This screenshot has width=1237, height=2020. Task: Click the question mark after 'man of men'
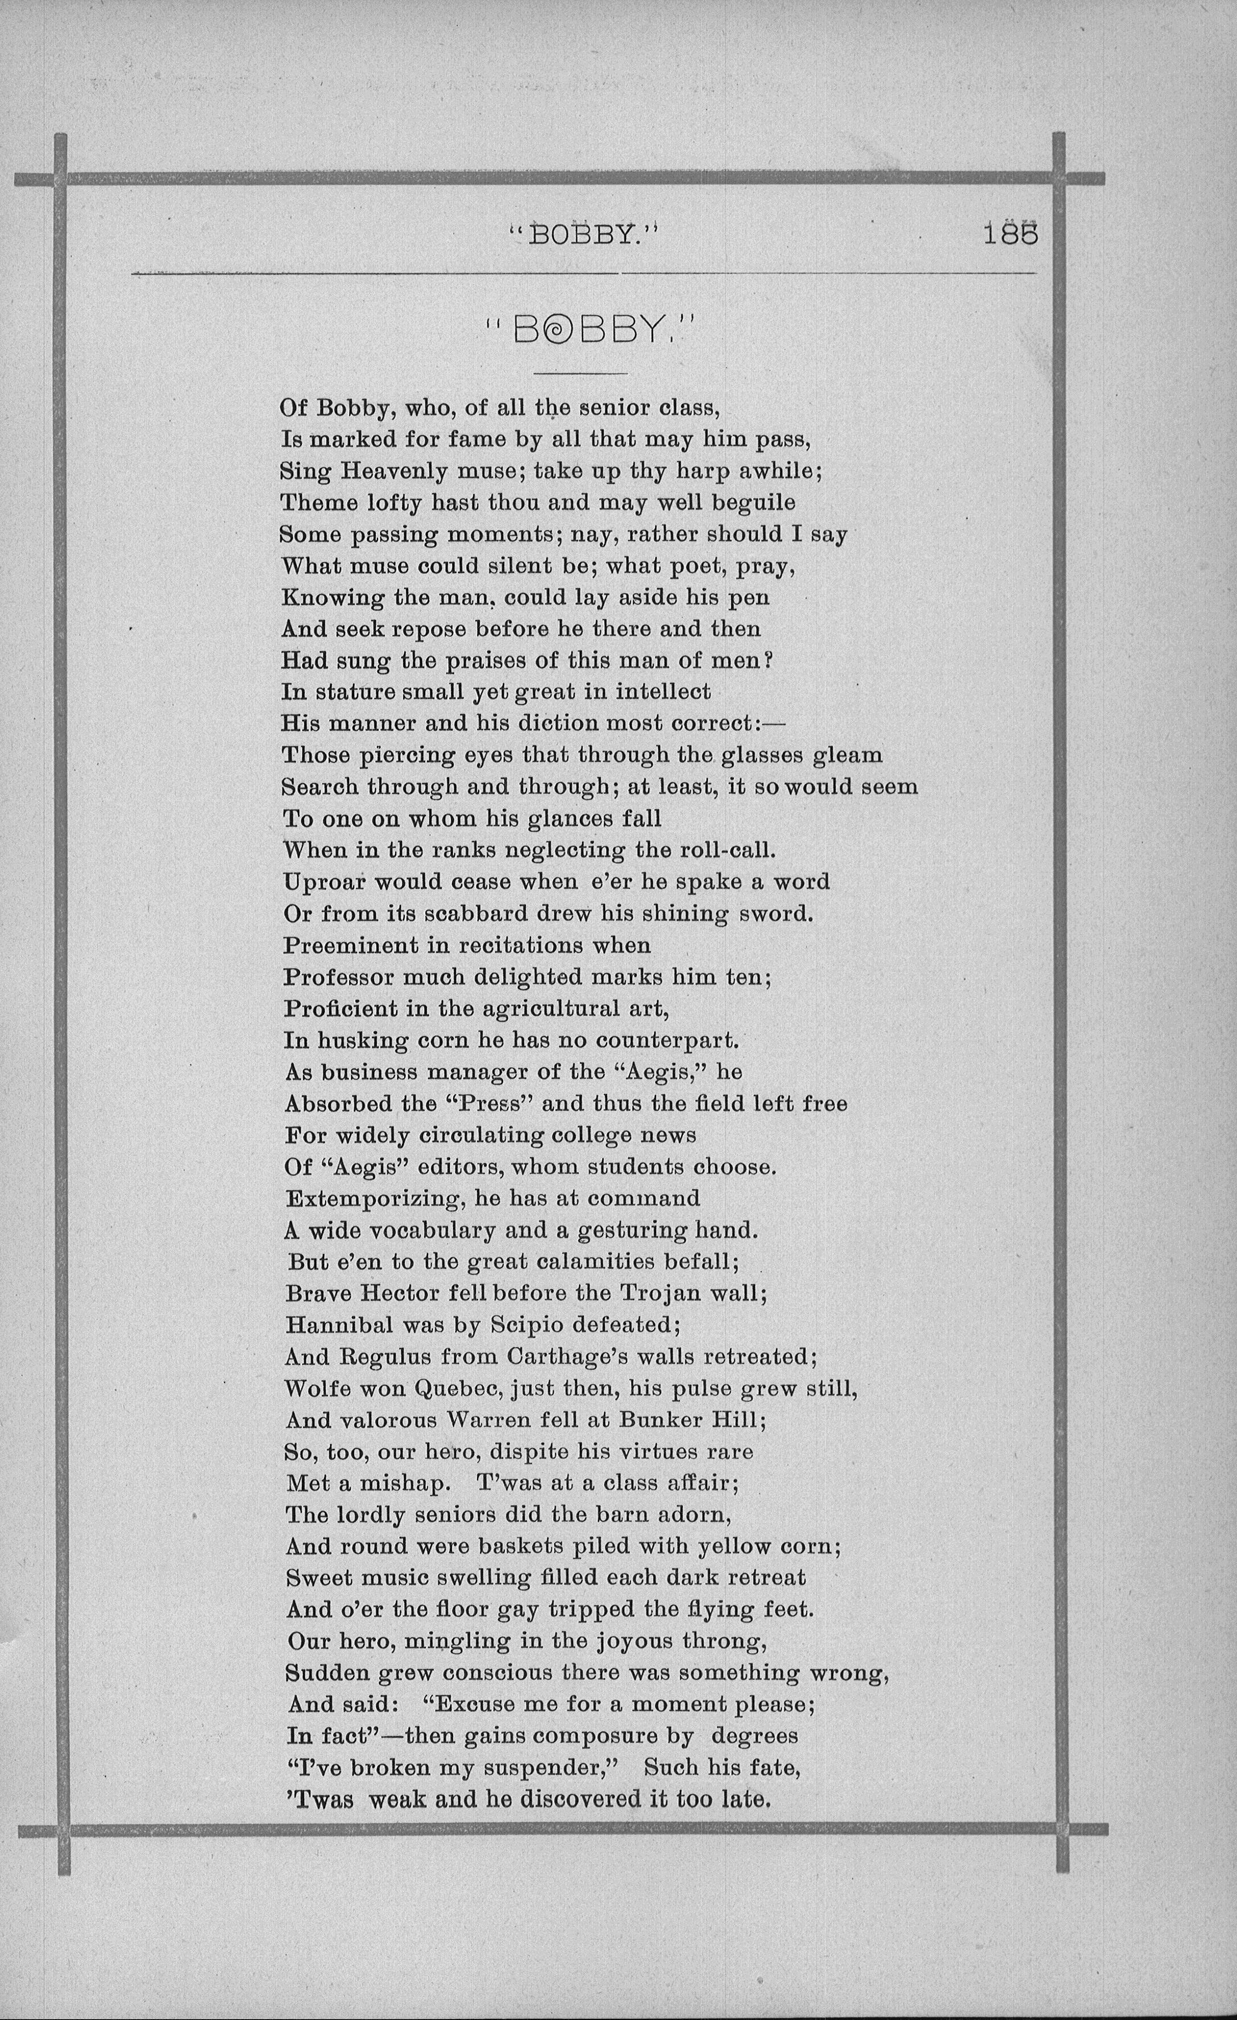(768, 660)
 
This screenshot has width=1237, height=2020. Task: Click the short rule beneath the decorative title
(580, 374)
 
